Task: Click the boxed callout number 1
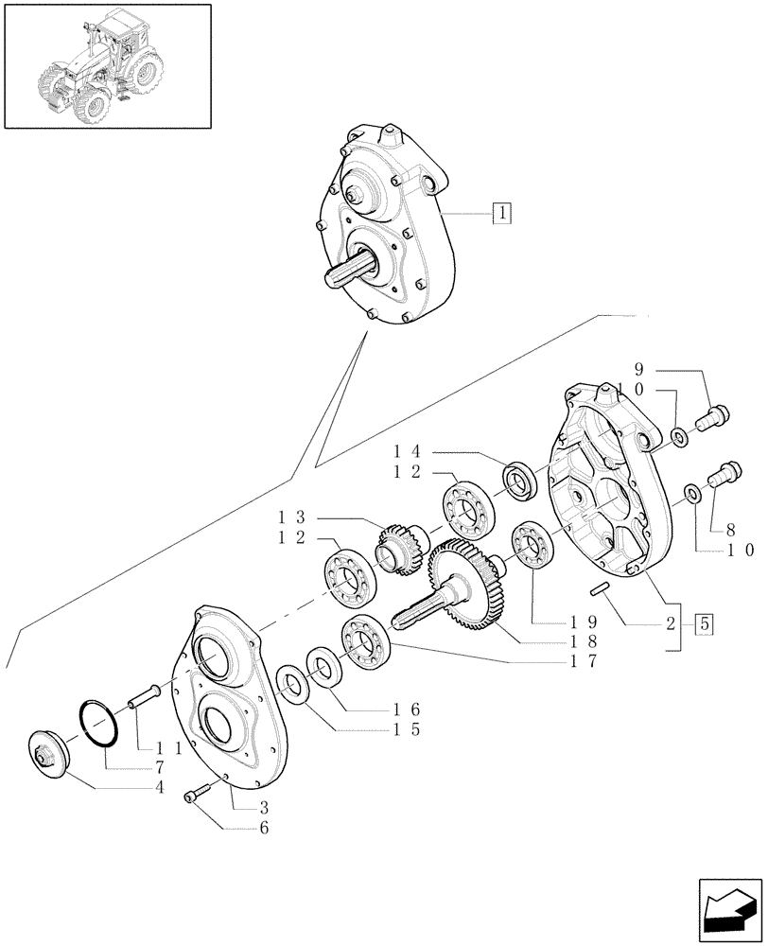pos(501,213)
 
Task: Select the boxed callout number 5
pos(705,624)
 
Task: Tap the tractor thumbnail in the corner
pos(107,65)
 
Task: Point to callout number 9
pos(638,369)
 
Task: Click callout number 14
pos(406,453)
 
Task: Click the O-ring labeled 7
pos(98,724)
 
